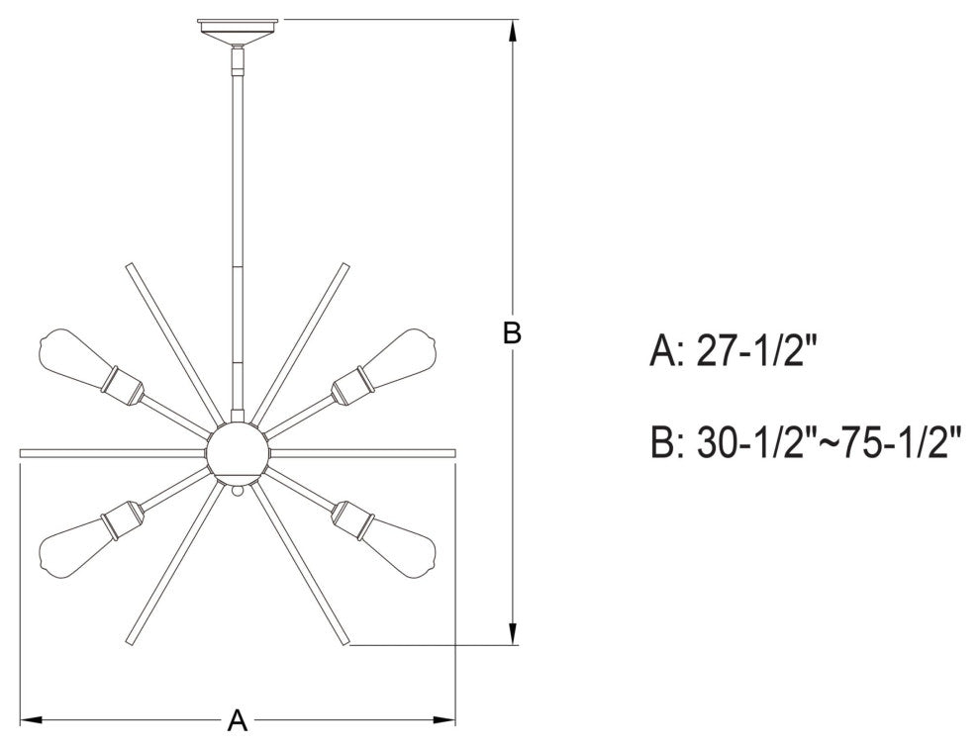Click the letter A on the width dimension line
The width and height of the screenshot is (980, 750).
pos(237,720)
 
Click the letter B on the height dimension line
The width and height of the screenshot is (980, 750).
pos(511,334)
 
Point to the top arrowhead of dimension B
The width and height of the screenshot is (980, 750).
pos(512,32)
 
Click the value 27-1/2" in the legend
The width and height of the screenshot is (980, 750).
pos(756,350)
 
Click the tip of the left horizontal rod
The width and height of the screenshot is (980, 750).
pos(24,452)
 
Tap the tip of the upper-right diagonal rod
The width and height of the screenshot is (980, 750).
pos(345,266)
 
